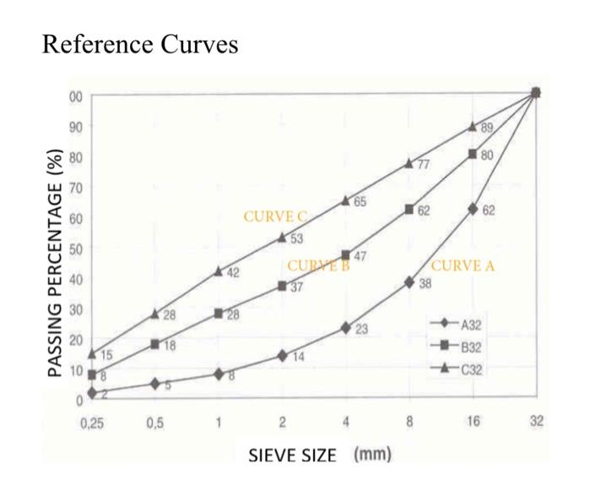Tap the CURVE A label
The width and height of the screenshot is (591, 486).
[463, 265]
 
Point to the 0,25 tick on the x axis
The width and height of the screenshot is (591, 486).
[91, 423]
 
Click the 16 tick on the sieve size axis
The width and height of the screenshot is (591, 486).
[473, 423]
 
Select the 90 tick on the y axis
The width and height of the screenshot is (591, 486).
[76, 126]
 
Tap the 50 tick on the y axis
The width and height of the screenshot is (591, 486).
[76, 248]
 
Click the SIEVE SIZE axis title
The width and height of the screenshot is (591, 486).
[292, 456]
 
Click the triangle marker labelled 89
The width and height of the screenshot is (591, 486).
[473, 126]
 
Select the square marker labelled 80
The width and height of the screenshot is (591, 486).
[473, 154]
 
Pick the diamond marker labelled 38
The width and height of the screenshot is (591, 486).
[409, 282]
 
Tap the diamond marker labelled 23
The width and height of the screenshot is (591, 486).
[345, 327]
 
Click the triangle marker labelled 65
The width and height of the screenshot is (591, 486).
[345, 200]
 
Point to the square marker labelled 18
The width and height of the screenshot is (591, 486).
[155, 344]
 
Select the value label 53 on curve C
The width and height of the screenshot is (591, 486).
[297, 239]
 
